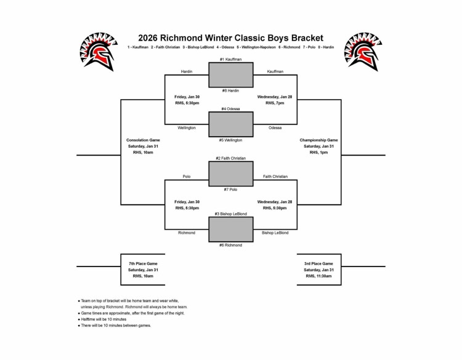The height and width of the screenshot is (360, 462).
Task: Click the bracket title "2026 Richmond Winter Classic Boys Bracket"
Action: (230, 38)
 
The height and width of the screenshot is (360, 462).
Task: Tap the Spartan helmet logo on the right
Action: (364, 51)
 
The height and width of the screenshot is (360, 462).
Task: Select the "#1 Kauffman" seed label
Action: (230, 59)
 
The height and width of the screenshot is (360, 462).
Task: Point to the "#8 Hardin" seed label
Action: (230, 90)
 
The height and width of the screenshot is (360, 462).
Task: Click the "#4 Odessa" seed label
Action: (230, 108)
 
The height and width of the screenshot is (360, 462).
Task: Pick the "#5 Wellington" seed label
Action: (230, 140)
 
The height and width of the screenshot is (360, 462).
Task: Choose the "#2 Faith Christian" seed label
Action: (230, 158)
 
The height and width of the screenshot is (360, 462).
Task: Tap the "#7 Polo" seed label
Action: (230, 190)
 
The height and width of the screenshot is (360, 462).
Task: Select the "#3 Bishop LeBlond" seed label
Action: (230, 214)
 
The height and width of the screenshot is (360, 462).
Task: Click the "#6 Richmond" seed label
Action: (230, 245)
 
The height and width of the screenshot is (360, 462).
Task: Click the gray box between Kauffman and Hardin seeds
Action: (230, 75)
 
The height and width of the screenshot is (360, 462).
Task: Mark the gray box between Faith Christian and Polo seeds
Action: (230, 174)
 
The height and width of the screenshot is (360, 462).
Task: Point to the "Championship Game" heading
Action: (318, 140)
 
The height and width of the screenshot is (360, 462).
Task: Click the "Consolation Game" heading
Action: (143, 140)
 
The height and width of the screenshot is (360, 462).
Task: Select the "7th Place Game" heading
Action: (143, 263)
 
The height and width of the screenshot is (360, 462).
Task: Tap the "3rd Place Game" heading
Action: (318, 263)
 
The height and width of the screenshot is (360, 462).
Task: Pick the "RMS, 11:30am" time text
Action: (318, 276)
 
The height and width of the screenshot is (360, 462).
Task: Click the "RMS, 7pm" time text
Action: (275, 103)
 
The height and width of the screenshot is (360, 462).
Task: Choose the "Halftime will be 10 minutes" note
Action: (103, 319)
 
